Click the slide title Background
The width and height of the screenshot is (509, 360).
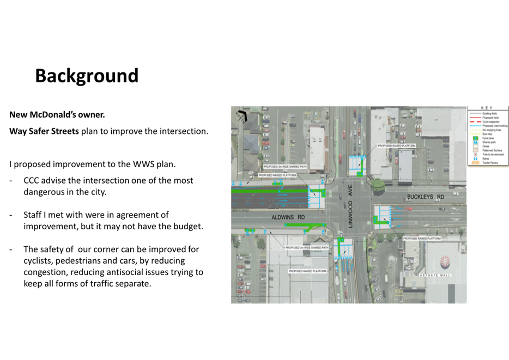(x=87, y=76)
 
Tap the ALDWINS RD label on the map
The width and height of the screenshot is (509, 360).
(x=288, y=216)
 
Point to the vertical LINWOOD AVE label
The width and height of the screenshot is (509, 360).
(x=351, y=206)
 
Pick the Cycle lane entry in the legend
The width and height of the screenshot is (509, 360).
(x=488, y=138)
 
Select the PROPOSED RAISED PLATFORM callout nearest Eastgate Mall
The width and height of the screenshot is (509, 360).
(x=421, y=239)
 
